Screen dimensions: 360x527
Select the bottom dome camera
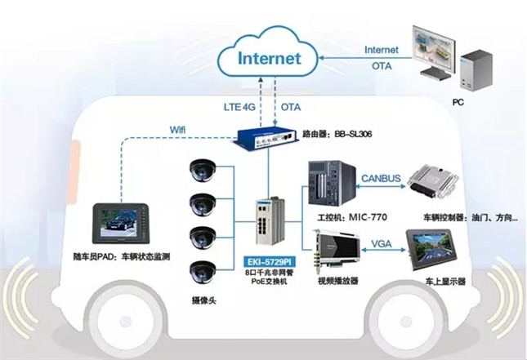click(202, 269)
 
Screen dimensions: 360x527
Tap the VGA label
click(381, 243)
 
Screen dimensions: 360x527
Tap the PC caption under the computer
click(458, 104)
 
